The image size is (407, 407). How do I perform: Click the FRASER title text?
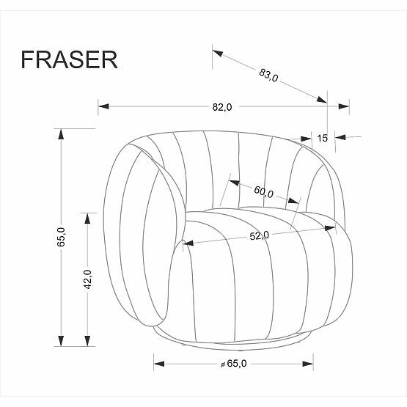(69, 59)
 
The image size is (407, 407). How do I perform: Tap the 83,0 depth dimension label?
(268, 75)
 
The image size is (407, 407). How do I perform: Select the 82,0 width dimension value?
(221, 107)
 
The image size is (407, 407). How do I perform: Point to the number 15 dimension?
(322, 137)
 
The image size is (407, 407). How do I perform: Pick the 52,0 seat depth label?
(260, 235)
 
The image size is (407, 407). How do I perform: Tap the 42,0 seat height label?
(87, 279)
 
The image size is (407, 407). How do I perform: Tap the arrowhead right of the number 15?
(340, 136)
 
